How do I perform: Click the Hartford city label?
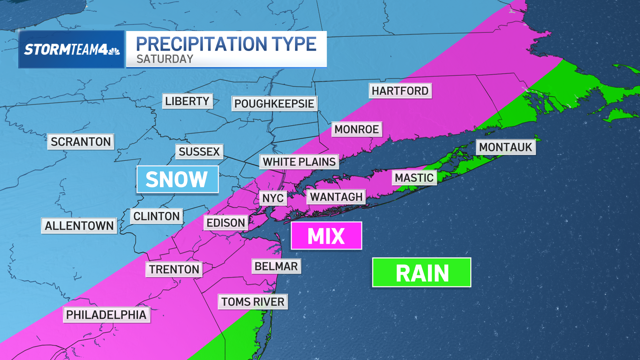400,91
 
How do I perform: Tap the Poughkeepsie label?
274,104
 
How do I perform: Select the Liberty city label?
187,101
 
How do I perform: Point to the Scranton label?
81,142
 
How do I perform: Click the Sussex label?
199,152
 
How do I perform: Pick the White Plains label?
299,162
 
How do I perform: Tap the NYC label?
273,198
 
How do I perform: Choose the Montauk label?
505,147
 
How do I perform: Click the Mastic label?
414,178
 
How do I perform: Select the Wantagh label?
336,197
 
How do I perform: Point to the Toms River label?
253,302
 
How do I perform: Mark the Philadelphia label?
106,315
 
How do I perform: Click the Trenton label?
174,269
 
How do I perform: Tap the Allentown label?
79,226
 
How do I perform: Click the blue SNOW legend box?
177,179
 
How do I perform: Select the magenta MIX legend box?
326,236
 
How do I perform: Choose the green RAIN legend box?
422,273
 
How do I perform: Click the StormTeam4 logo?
71,50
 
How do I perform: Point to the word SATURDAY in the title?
165,59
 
